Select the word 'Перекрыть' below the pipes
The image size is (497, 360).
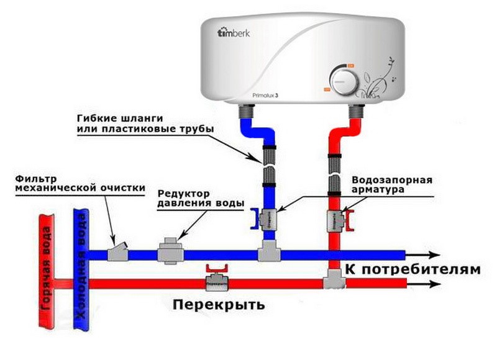[219, 305]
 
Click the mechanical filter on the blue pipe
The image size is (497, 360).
[117, 252]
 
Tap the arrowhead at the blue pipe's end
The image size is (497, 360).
[435, 254]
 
